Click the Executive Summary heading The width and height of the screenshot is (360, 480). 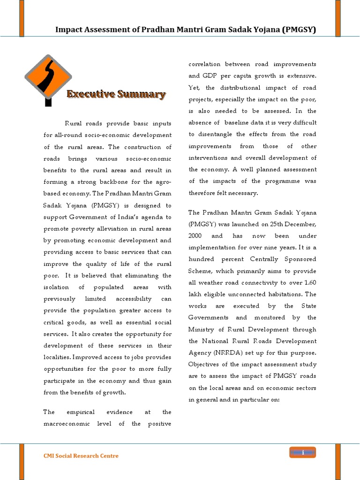(116, 95)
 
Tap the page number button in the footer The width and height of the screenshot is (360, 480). (303, 452)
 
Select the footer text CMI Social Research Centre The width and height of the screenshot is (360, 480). (81, 456)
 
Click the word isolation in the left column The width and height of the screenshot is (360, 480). (56, 287)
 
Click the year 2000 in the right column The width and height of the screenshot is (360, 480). (195, 236)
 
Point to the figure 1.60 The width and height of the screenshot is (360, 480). (309, 283)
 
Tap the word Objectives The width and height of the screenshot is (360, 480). (205, 364)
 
